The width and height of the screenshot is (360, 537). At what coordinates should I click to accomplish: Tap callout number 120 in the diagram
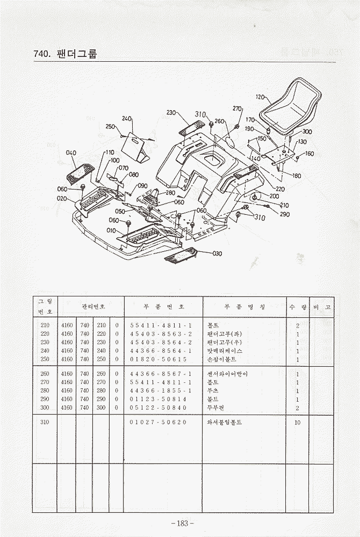click(260, 97)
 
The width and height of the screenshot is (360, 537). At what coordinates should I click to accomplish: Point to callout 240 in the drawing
click(126, 118)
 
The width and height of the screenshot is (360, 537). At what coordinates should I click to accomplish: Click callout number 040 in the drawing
click(71, 153)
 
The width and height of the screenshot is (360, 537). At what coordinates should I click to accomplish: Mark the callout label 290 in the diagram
click(285, 214)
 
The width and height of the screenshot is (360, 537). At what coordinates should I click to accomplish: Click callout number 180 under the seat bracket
click(296, 176)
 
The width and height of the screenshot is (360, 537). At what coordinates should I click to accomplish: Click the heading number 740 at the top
click(41, 54)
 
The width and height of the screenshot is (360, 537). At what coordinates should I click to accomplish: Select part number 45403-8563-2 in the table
click(161, 333)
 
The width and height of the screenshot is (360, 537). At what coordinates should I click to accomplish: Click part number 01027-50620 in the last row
click(158, 422)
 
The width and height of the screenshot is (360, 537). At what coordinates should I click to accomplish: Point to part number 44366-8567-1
click(161, 374)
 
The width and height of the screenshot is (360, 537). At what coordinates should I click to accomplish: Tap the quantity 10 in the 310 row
click(297, 422)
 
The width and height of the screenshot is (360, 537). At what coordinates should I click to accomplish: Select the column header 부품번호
click(163, 307)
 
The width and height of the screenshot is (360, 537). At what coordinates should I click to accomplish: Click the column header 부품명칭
click(244, 307)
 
